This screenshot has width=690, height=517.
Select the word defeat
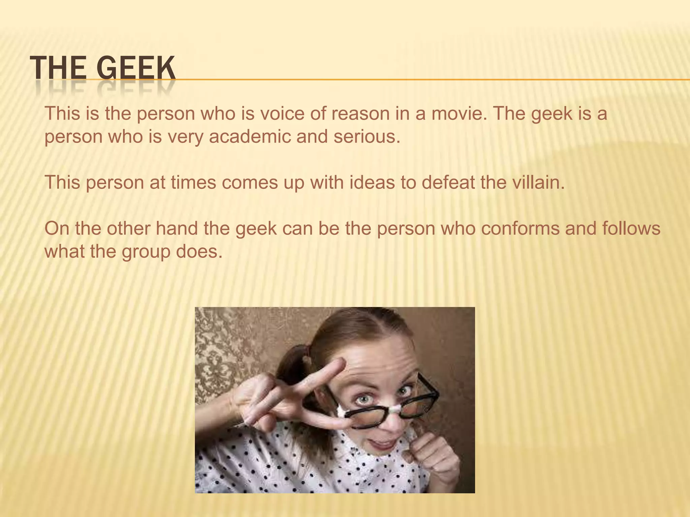pyautogui.click(x=448, y=182)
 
